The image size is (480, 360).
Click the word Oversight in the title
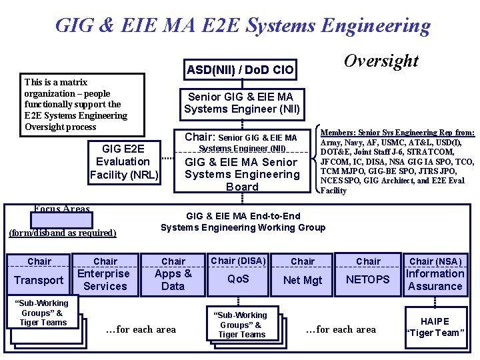(381, 61)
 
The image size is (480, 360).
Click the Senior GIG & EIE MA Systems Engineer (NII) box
(242, 103)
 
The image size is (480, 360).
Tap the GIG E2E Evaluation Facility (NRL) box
(124, 162)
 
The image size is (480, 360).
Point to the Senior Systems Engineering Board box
(242, 173)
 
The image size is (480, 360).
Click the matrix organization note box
(84, 104)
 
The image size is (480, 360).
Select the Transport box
(39, 280)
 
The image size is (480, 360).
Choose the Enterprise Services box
(105, 280)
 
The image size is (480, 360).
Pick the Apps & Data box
(173, 280)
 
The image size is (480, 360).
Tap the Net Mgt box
(303, 280)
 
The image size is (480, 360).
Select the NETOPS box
(368, 280)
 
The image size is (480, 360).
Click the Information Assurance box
(435, 280)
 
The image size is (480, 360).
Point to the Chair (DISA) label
(238, 261)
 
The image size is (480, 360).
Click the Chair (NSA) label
(435, 261)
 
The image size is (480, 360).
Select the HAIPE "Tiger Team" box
(435, 327)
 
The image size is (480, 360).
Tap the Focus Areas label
(61, 209)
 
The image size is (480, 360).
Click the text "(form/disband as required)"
(62, 233)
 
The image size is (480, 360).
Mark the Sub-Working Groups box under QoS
(241, 325)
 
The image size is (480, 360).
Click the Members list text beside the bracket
(398, 161)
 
